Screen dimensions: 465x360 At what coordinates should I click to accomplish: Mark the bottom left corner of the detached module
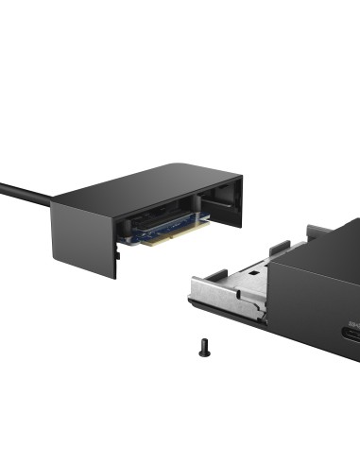coord(114,276)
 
